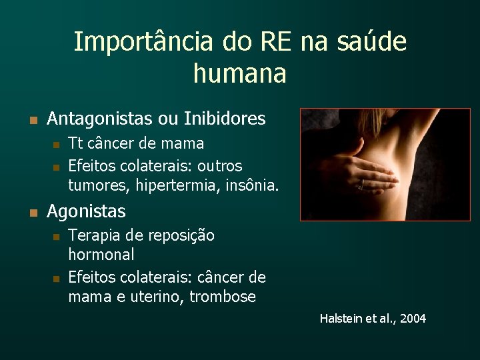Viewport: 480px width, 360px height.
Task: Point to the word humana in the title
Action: [239, 73]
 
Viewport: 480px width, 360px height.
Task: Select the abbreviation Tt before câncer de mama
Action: [76, 143]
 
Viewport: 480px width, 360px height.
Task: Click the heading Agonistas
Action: [86, 212]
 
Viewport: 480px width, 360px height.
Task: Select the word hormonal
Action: [101, 255]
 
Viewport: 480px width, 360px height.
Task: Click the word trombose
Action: [223, 297]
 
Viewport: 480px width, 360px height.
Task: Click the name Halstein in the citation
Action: [342, 319]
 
